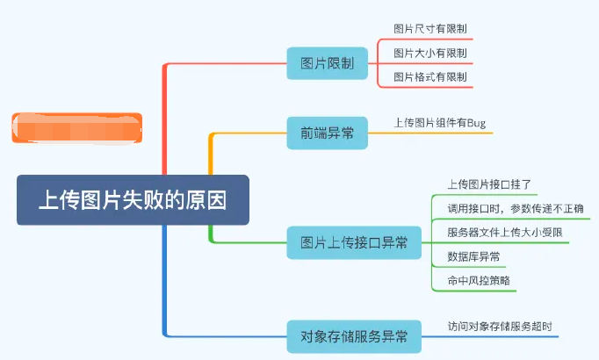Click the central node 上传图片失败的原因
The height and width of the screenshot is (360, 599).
click(x=133, y=199)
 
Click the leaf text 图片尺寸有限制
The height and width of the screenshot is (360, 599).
click(x=430, y=29)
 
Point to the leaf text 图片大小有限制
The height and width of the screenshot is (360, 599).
click(x=430, y=54)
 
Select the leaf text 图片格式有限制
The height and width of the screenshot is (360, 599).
click(x=430, y=77)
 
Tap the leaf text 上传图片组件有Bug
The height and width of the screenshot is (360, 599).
click(x=440, y=123)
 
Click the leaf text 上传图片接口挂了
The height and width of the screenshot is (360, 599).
click(x=489, y=184)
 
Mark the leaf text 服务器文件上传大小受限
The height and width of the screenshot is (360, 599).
click(x=504, y=233)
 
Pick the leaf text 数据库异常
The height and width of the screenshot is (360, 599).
click(x=474, y=256)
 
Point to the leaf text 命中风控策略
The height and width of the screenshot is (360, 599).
click(x=479, y=280)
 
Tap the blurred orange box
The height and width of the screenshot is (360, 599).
click(x=76, y=127)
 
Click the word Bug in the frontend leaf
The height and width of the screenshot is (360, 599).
click(x=475, y=123)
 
